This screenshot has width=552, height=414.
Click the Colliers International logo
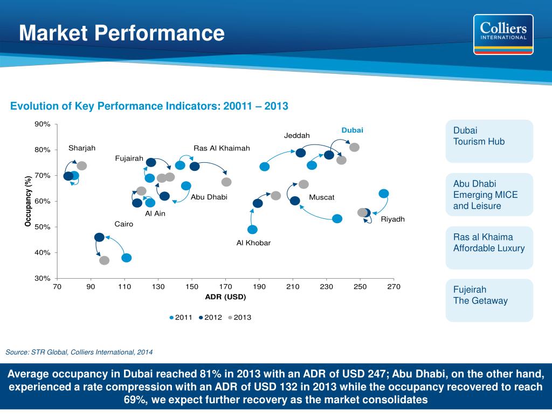click(503, 34)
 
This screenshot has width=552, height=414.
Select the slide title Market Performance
click(122, 33)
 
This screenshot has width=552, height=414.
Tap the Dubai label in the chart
click(352, 130)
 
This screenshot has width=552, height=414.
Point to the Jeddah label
click(297, 135)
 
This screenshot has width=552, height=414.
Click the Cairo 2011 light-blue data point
click(126, 258)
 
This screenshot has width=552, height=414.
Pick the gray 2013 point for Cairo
click(105, 260)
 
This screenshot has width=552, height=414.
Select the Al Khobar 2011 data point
click(252, 230)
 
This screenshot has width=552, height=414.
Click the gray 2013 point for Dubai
click(354, 147)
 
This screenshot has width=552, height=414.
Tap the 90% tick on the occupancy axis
click(43, 124)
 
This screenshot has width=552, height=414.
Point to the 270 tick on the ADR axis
click(394, 287)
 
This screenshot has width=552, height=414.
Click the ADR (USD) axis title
click(225, 297)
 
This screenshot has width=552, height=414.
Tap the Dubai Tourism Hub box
click(489, 141)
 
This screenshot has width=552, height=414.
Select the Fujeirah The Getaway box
click(489, 300)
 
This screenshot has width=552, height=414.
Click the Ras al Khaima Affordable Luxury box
click(489, 247)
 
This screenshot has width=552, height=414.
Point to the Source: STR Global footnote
click(79, 352)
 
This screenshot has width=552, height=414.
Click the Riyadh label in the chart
click(392, 219)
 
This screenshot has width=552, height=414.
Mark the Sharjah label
click(82, 148)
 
